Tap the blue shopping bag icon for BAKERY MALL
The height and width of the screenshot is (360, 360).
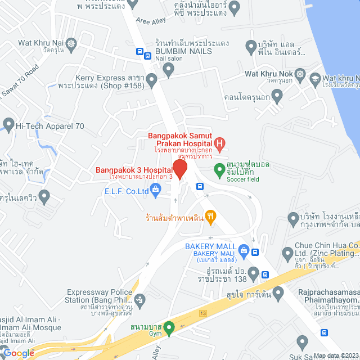[243, 250]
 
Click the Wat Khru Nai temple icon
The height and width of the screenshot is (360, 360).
[71, 43]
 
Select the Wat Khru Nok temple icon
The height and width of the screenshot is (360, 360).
[301, 74]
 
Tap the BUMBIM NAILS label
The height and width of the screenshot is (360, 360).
[183, 51]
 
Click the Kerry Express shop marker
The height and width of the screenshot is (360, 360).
[167, 70]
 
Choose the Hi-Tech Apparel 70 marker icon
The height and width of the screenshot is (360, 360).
[8, 123]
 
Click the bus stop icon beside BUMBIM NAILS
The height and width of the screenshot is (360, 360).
[139, 51]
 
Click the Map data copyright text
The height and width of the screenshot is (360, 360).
[335, 355]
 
